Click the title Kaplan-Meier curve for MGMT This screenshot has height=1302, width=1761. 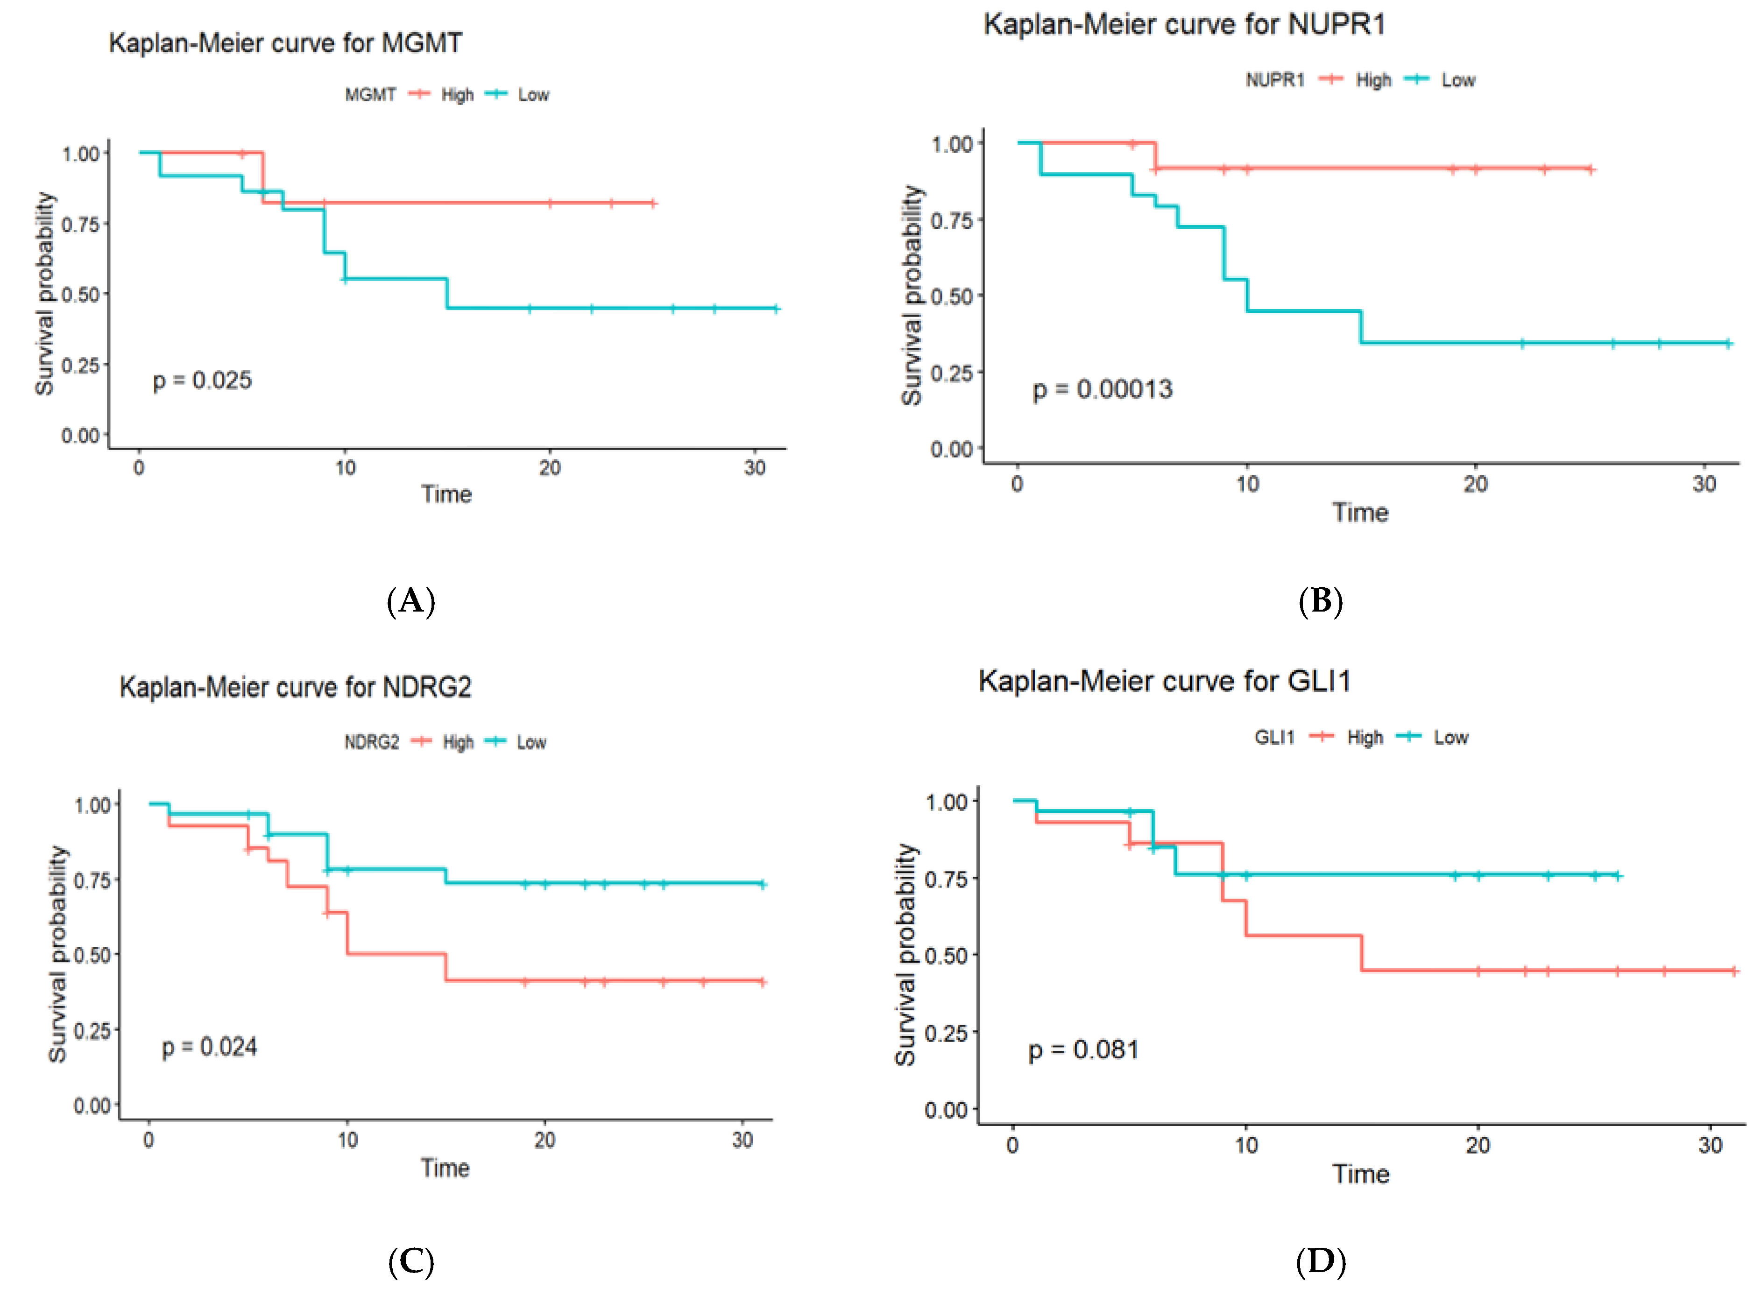(x=285, y=42)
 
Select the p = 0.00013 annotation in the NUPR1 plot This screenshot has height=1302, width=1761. (x=1102, y=389)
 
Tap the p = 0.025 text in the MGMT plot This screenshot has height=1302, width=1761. (x=203, y=380)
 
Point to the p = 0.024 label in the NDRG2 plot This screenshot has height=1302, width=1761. (x=210, y=1048)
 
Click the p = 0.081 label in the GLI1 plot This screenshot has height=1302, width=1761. (x=1084, y=1050)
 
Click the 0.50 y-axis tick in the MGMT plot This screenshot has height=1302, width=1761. (x=80, y=295)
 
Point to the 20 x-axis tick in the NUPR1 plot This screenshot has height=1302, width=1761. (x=1476, y=484)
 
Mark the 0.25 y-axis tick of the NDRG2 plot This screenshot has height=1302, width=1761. (x=92, y=1031)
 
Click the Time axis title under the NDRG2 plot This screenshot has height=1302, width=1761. (x=446, y=1168)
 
